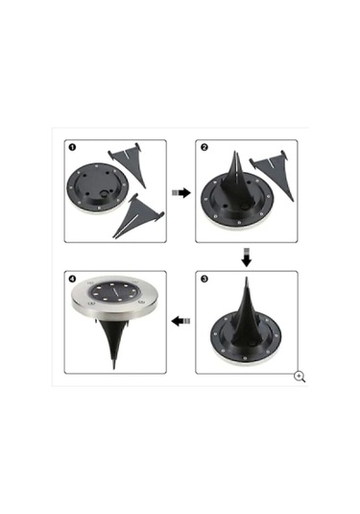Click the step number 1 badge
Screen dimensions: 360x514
72,147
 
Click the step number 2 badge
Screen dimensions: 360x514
204,147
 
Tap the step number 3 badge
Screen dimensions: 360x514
204,279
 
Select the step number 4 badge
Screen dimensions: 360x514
72,279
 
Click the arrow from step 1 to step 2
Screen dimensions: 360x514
181,193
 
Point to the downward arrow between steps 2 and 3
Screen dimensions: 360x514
247,257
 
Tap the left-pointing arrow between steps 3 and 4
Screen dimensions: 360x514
180,321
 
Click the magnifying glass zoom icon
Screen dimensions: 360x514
300,377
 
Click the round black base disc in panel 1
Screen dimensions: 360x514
97,188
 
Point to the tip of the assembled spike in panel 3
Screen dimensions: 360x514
247,278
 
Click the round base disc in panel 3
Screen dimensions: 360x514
246,337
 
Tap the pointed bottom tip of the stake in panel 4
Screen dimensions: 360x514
114,368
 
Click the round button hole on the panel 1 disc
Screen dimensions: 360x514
106,193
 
